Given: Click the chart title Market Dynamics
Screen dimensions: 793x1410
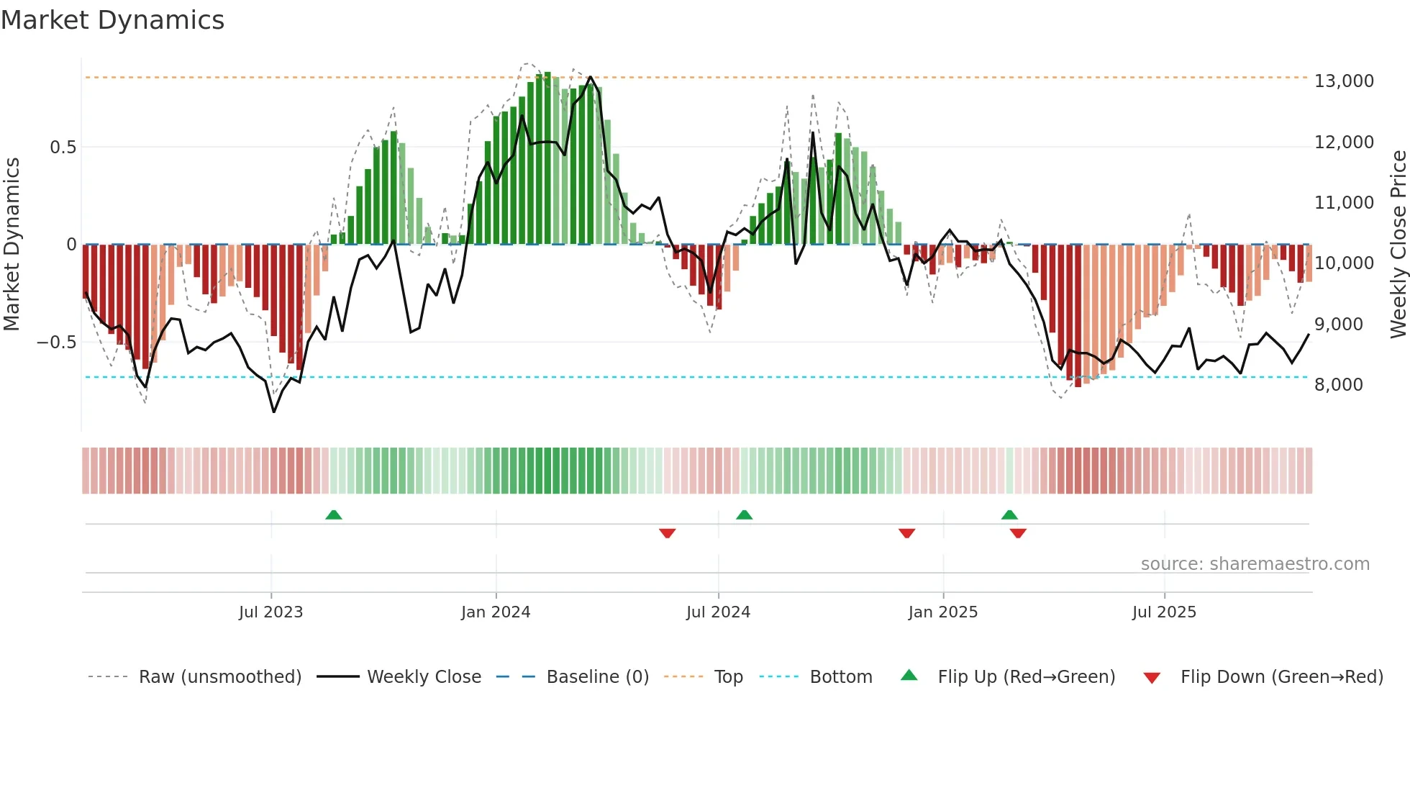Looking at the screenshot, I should click(x=112, y=20).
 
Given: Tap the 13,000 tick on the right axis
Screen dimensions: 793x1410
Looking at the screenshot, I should click(x=1343, y=81).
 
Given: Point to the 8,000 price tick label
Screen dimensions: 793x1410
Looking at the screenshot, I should click(x=1338, y=385).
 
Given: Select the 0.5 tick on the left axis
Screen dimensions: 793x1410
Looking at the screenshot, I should click(x=63, y=148).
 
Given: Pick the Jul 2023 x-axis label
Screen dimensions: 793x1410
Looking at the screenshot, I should click(x=270, y=612).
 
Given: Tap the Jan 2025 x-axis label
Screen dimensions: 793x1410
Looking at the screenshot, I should click(x=942, y=612).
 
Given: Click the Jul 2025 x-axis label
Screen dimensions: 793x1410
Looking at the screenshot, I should click(x=1163, y=612).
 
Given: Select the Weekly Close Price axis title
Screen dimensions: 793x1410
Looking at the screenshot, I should click(x=1398, y=244).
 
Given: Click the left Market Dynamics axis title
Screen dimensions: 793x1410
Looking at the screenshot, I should click(x=12, y=244).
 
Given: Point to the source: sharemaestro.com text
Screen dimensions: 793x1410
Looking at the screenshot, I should click(x=1255, y=564).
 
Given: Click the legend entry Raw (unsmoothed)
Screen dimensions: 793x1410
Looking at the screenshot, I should click(x=219, y=677).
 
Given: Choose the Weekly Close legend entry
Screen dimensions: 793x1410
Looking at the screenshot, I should click(x=424, y=677).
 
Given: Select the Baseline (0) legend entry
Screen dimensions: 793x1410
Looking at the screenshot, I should click(x=597, y=677).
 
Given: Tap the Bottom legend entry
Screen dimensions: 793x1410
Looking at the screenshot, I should click(x=840, y=677).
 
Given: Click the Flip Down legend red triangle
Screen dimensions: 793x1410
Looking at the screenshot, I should click(x=1151, y=678).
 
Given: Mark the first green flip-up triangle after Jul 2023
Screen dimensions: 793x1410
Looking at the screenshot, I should click(x=333, y=515).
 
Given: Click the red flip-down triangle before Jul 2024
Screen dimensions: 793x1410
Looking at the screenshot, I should click(x=667, y=533).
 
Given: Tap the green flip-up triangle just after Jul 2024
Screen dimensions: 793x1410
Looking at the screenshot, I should click(x=744, y=515).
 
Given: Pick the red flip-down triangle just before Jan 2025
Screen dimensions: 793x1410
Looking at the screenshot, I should click(x=906, y=533).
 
